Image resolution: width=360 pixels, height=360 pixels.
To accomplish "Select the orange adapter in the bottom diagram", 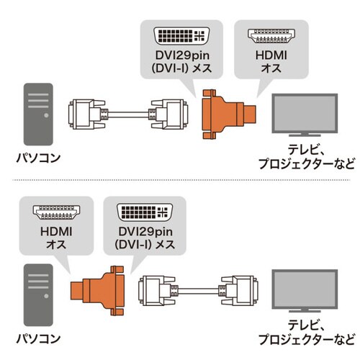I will pyautogui.click(x=102, y=292).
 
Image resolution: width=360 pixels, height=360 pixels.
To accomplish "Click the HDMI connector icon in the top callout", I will pyautogui.click(x=272, y=36).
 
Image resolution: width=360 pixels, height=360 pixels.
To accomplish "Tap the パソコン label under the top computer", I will pyautogui.click(x=37, y=155).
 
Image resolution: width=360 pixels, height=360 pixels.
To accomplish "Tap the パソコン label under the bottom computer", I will pyautogui.click(x=37, y=335).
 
